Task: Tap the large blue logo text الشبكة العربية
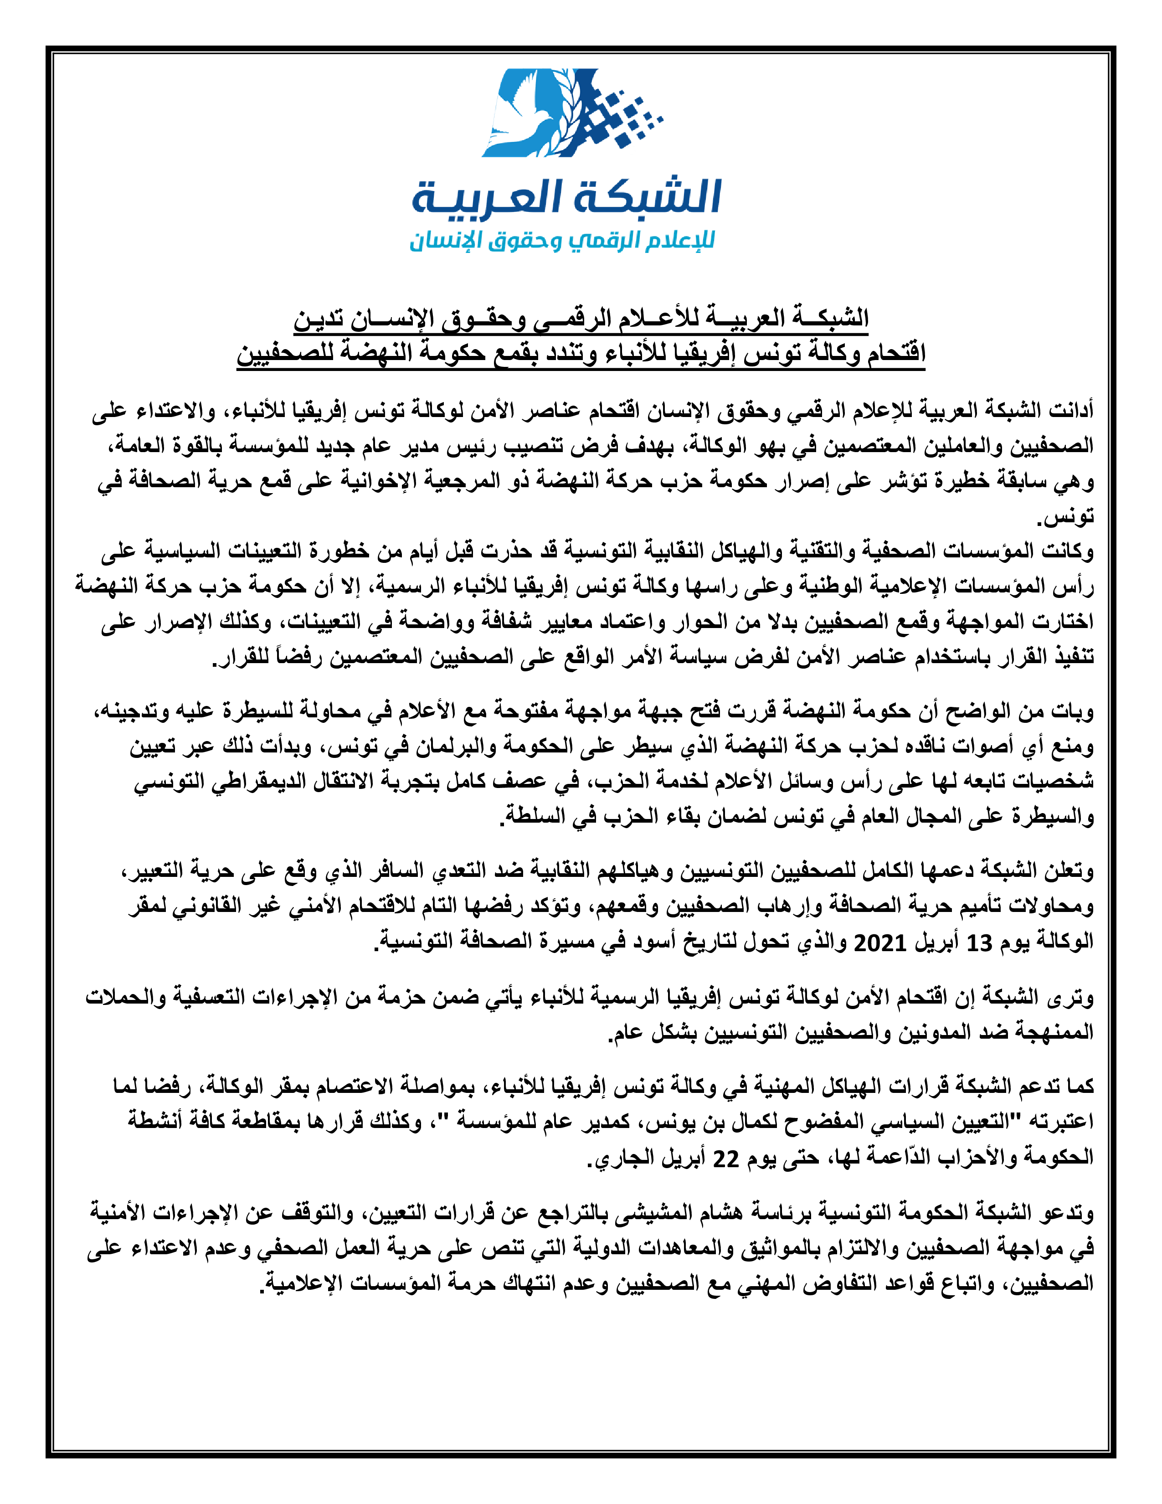pos(566,198)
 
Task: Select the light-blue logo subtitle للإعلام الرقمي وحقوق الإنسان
pos(562,241)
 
